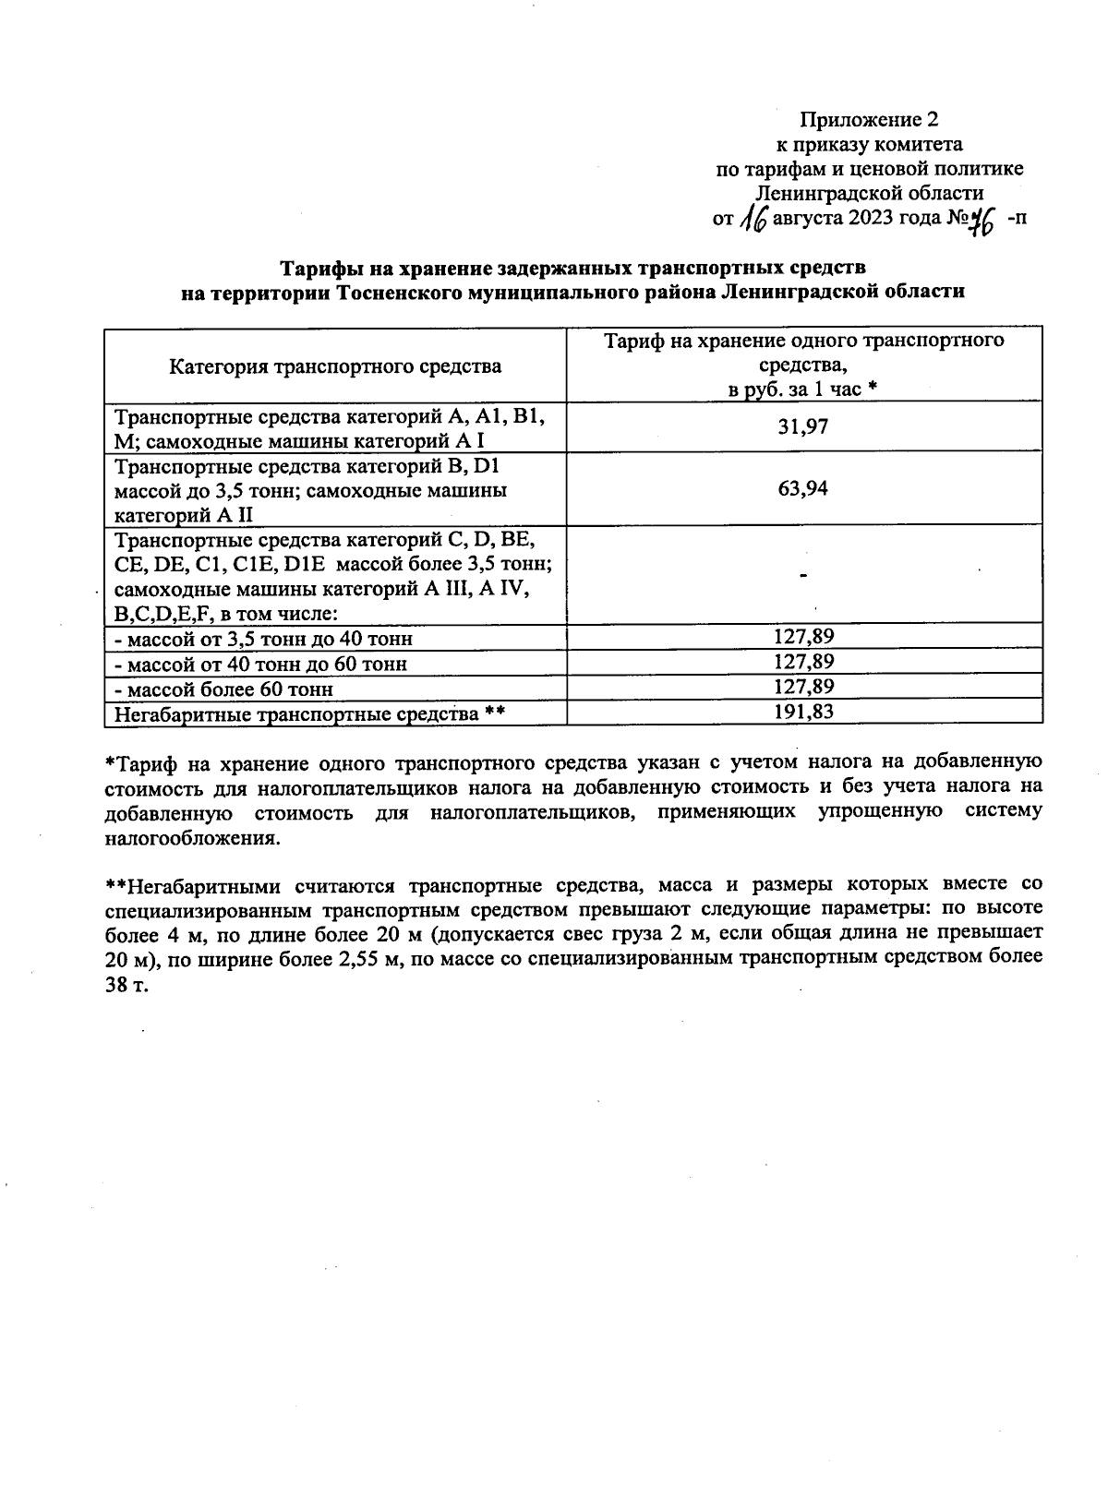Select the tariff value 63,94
click(803, 488)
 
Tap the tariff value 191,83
click(803, 712)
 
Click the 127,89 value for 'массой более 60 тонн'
click(803, 687)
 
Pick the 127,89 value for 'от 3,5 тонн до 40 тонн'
click(803, 637)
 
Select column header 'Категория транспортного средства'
click(335, 366)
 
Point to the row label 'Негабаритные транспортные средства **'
click(307, 713)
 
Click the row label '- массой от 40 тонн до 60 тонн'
click(260, 664)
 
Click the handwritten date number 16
click(755, 220)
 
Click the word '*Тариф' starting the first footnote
click(139, 763)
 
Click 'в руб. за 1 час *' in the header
click(803, 389)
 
